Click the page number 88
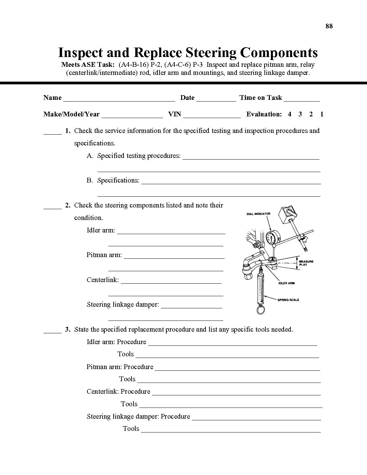[x=329, y=26]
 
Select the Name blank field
[x=119, y=99]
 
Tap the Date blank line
[x=216, y=99]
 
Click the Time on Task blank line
[x=302, y=99]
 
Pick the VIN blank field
[x=212, y=115]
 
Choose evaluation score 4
[x=289, y=114]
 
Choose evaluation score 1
[x=322, y=114]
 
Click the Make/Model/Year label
[x=72, y=114]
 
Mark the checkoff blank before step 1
[x=52, y=132]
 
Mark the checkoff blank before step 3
[x=52, y=330]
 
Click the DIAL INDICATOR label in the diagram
[x=258, y=214]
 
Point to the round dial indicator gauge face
[x=271, y=238]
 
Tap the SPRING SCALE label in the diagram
[x=288, y=300]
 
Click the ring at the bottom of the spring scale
[x=260, y=310]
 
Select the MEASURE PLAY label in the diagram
[x=306, y=263]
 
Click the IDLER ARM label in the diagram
[x=286, y=283]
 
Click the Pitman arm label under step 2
[x=104, y=255]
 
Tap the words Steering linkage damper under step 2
[x=122, y=305]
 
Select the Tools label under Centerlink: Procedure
[x=129, y=404]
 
